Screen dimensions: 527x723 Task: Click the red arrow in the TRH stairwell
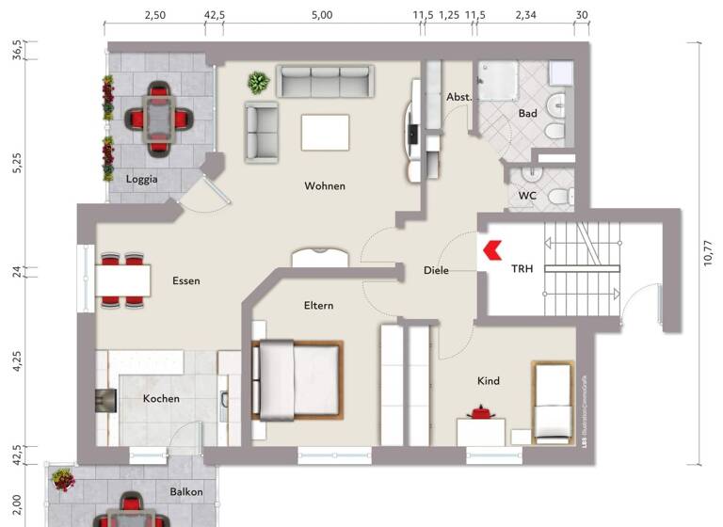[491, 249]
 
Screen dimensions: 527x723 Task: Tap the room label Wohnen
[325, 186]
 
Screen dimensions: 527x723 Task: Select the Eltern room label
[318, 306]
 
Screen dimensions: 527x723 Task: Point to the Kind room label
[489, 381]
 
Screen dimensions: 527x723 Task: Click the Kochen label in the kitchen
[161, 399]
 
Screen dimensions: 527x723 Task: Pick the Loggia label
[142, 179]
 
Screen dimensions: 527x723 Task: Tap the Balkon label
[186, 492]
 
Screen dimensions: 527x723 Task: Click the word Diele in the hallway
[436, 271]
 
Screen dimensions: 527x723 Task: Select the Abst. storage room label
[458, 97]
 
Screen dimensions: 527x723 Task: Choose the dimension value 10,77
[708, 251]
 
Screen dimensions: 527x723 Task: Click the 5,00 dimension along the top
[321, 16]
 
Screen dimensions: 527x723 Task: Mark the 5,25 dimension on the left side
[16, 164]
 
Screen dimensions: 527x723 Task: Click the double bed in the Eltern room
[297, 379]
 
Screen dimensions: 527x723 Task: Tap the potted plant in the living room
[257, 84]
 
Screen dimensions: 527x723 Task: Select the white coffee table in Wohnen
[324, 132]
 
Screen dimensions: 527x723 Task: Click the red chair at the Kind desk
[484, 412]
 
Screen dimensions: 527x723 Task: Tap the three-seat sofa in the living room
[326, 81]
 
